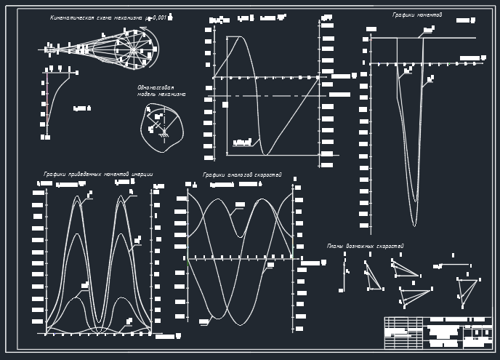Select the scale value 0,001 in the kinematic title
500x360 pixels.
point(158,17)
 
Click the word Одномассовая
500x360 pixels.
point(156,87)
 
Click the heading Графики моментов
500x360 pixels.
point(417,15)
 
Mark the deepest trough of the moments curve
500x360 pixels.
point(414,224)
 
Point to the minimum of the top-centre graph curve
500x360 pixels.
point(266,154)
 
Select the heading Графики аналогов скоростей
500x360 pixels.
point(242,175)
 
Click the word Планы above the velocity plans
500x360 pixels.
point(334,247)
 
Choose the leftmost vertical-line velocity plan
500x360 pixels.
point(344,275)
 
